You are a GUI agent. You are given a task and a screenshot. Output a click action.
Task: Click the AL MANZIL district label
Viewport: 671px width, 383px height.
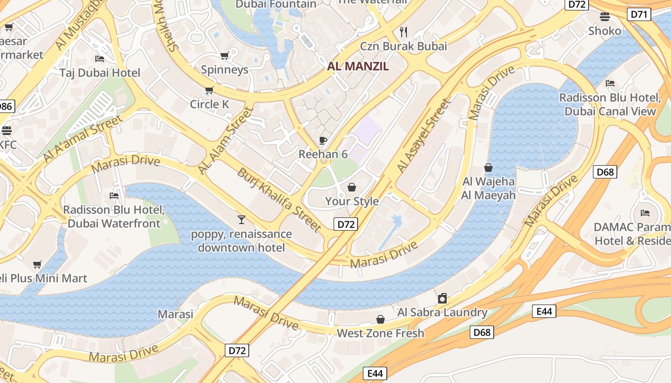(358, 67)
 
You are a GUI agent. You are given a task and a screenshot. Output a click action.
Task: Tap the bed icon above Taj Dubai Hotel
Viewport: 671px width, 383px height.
(100, 59)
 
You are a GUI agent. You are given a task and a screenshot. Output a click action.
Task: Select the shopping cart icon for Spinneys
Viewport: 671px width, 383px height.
(224, 56)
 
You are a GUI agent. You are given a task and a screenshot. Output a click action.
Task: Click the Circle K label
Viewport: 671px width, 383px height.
(209, 104)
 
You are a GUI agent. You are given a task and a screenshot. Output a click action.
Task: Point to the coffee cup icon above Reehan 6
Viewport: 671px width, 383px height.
(323, 140)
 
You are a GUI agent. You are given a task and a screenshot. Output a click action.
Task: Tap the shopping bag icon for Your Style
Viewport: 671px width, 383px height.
(352, 187)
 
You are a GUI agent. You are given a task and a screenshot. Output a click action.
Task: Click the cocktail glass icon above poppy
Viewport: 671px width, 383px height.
(242, 220)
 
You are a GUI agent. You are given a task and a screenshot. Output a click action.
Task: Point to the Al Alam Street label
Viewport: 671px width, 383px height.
(225, 141)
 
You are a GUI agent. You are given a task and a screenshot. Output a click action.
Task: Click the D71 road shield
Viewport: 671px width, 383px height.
(639, 14)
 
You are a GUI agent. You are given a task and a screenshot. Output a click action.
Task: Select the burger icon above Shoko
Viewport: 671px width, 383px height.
(605, 17)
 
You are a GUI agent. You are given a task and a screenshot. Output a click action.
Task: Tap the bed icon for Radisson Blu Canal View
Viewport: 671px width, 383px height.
(610, 83)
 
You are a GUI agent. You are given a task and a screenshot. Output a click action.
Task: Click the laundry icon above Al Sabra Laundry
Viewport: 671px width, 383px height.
(442, 299)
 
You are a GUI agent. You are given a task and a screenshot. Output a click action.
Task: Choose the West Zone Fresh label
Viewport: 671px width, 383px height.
(381, 333)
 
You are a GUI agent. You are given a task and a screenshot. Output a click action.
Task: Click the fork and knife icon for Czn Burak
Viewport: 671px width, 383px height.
(404, 32)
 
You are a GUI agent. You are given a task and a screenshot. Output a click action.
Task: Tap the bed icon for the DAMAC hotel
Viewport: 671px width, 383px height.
(645, 213)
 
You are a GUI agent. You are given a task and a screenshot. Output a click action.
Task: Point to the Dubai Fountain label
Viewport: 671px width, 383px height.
(276, 4)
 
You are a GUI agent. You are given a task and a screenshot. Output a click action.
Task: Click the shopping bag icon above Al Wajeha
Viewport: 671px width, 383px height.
(488, 168)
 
